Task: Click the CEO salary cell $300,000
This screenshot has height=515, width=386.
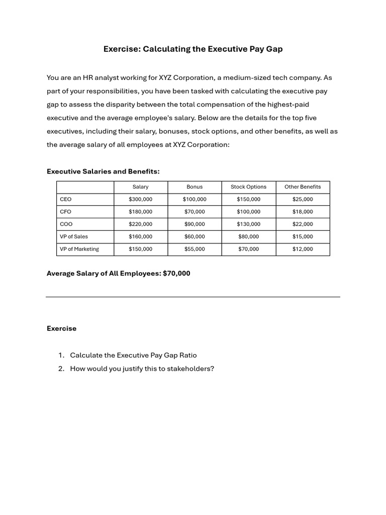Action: pos(140,199)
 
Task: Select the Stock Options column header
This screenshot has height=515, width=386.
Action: pos(248,187)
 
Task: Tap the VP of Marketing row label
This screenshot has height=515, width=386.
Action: pos(79,249)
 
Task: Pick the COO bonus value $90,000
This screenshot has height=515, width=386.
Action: pos(195,224)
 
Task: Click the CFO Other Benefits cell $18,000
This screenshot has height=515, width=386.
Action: pos(303,212)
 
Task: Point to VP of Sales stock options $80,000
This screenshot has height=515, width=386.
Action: pos(248,236)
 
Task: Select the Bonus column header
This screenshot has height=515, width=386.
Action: pos(195,187)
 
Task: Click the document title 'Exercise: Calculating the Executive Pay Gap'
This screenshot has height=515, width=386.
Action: pos(193,49)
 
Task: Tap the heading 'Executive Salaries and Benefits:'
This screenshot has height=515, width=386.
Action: pos(103,171)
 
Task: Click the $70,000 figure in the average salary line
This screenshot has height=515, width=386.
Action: pos(176,274)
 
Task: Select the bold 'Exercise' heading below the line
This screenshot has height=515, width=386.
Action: pos(61,328)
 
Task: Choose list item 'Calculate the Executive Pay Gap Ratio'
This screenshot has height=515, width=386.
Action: pos(133,355)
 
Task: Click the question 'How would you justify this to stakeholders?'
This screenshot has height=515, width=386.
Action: pos(142,369)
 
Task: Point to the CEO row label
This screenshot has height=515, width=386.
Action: pos(66,199)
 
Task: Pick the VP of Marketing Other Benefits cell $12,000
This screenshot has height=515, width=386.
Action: pos(303,249)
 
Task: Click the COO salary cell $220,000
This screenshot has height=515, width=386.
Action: pos(140,224)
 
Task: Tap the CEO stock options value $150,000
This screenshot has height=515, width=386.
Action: pos(248,199)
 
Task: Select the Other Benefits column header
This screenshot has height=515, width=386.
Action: pos(303,187)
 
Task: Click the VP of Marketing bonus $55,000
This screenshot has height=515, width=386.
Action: pos(195,249)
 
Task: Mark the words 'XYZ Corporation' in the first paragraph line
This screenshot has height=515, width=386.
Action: pos(186,78)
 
